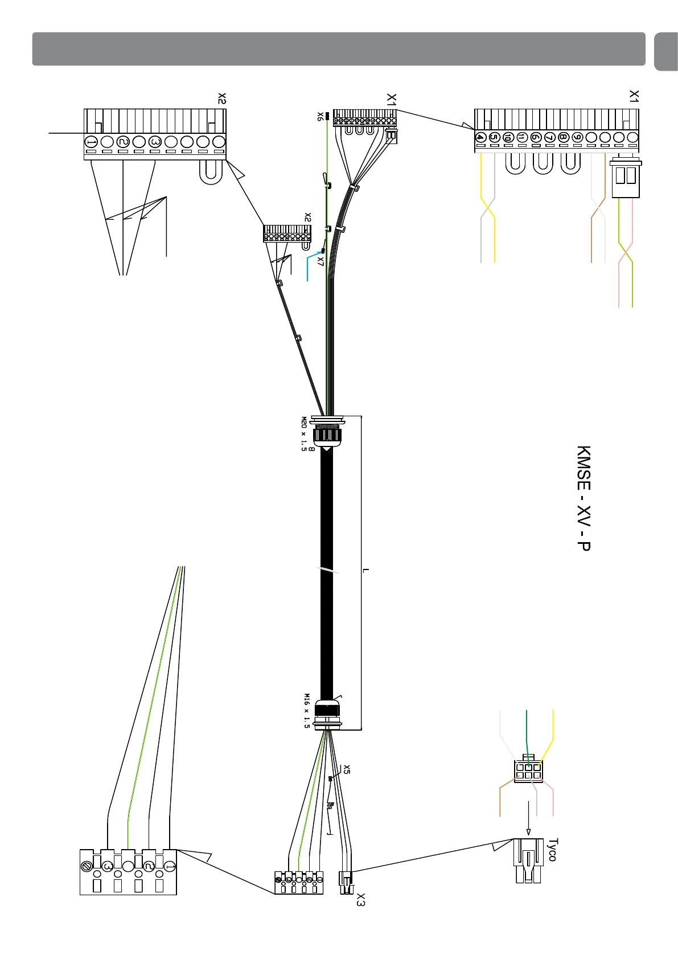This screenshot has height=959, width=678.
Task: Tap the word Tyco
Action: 552,849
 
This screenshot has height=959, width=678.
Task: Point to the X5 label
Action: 346,769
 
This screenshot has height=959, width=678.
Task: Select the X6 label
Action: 320,116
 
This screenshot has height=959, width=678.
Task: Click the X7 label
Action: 320,261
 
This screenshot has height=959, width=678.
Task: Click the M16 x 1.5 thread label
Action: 307,711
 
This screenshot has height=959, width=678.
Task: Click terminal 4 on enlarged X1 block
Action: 480,137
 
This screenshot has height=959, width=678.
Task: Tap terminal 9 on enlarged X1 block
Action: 577,137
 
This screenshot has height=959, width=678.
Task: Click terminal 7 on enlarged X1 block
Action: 549,137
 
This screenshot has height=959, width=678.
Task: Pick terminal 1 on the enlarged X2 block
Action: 91,141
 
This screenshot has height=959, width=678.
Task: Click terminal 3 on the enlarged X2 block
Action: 154,141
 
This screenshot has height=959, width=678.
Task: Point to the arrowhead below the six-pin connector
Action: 528,832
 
